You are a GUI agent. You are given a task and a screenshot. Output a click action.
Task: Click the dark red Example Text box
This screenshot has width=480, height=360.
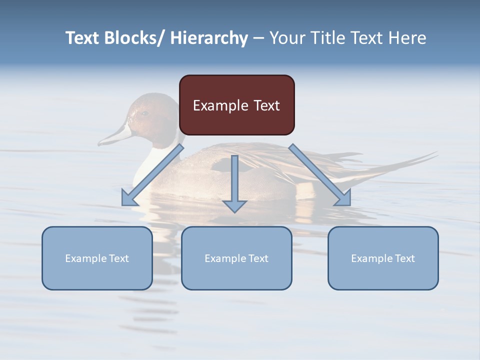coord(236,105)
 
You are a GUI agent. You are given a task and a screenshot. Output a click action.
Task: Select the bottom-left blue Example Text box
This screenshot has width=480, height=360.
coord(97,258)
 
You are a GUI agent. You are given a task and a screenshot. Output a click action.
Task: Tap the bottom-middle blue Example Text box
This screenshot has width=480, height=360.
coord(236,258)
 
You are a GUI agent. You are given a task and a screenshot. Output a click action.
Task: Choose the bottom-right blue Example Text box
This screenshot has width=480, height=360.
coord(383,258)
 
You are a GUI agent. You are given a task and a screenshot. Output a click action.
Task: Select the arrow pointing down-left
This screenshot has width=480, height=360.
coord(152,175)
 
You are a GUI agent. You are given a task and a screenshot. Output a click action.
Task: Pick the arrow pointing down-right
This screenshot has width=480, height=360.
coord(320,175)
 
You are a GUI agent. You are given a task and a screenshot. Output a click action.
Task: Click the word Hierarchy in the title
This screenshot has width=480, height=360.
coord(209,38)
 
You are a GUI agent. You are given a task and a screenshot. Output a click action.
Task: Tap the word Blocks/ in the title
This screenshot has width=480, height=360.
coord(135,38)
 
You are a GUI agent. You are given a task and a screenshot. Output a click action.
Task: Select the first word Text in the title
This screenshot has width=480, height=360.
coord(82,38)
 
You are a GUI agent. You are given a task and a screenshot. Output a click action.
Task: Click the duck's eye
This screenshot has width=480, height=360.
coord(144,113)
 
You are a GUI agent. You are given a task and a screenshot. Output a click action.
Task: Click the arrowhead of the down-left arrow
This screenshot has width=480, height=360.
coord(129,198)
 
